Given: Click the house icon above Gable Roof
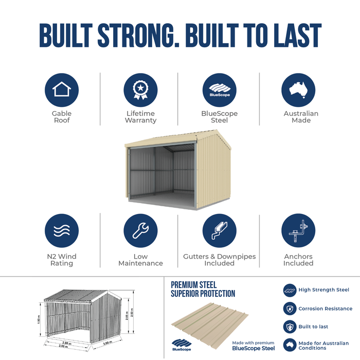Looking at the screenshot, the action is tap(62, 90).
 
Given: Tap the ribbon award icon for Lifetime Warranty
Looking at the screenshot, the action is tap(140, 90).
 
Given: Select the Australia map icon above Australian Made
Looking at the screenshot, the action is tap(298, 90).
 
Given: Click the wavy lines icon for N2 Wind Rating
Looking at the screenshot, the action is tap(62, 230).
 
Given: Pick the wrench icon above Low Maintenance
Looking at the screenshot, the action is tap(140, 230).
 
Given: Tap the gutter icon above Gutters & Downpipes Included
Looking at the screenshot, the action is tap(219, 230).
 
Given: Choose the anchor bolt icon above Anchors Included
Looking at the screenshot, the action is tap(298, 230).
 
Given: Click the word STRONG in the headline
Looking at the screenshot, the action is tap(139, 35).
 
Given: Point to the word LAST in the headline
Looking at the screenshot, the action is tap(297, 35).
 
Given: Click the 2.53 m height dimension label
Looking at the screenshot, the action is tap(132, 312).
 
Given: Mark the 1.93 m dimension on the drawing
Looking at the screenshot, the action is tap(39, 319).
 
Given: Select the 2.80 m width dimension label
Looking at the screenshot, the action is tap(67, 343).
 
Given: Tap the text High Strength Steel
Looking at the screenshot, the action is tap(323, 290).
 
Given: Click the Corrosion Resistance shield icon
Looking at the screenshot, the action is tap(290, 309).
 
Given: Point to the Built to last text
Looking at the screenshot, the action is tap(313, 327).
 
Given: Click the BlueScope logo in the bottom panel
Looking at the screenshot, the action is tap(182, 345).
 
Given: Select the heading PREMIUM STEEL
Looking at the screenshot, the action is tap(194, 285).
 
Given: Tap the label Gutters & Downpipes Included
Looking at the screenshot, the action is tap(219, 260).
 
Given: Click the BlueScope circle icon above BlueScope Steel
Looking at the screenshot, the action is tap(219, 90).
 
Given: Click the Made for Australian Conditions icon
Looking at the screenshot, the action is tap(290, 345).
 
